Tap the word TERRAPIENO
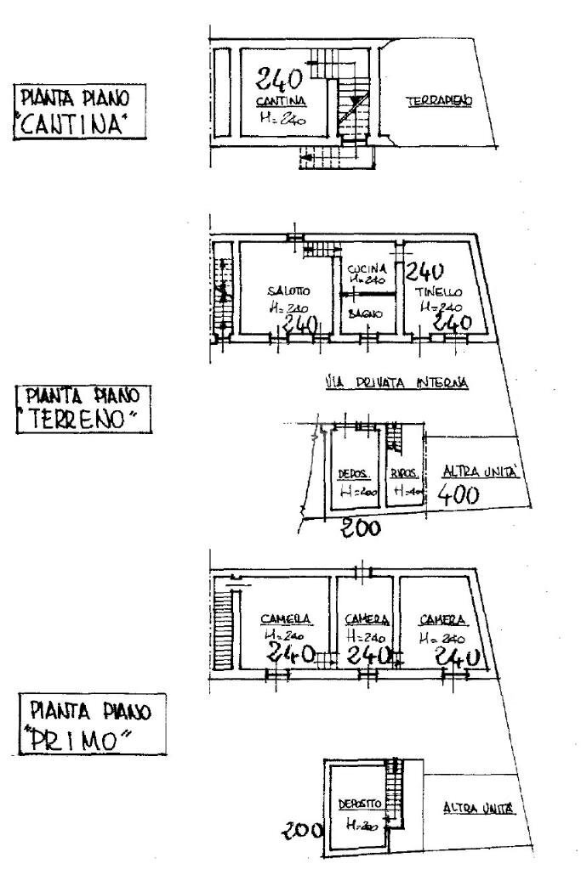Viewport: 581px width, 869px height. tap(439, 100)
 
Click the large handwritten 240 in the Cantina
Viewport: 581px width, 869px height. tap(279, 82)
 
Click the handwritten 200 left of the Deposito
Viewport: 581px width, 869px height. tap(303, 830)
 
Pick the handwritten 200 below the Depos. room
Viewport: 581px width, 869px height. tap(361, 530)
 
